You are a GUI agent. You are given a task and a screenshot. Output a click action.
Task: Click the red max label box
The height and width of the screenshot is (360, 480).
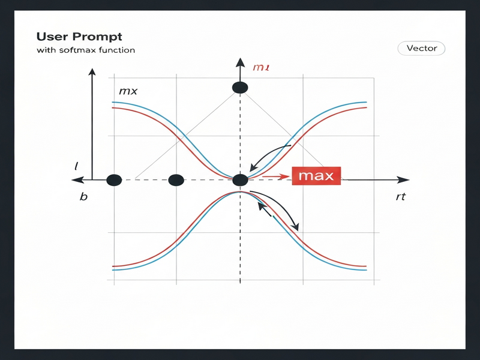[x=316, y=176]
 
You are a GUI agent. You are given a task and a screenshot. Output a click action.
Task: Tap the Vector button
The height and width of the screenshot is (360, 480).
[x=422, y=49]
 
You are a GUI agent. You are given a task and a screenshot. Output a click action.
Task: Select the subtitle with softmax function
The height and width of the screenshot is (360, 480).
[x=85, y=50]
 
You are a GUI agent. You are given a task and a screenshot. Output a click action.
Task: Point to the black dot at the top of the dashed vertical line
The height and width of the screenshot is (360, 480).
[x=240, y=88]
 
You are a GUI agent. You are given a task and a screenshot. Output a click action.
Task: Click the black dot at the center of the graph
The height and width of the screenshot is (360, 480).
[x=240, y=179]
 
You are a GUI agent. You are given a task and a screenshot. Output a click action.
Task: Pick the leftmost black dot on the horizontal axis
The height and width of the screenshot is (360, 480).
[x=114, y=179]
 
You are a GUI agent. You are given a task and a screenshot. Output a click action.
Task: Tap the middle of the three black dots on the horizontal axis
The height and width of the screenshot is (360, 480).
[x=176, y=179]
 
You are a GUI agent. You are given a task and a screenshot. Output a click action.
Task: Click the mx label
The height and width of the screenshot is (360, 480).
[x=128, y=92]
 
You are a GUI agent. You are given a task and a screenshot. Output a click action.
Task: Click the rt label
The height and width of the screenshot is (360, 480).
[x=401, y=197]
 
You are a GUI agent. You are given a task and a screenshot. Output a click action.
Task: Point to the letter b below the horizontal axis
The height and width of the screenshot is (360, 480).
[x=83, y=197]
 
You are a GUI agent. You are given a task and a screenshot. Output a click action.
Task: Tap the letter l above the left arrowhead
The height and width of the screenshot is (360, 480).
[x=77, y=164]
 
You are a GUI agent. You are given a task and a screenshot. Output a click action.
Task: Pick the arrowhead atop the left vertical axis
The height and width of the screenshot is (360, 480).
[x=92, y=73]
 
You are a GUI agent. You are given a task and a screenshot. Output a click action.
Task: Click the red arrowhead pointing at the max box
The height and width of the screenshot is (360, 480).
[x=286, y=176]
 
